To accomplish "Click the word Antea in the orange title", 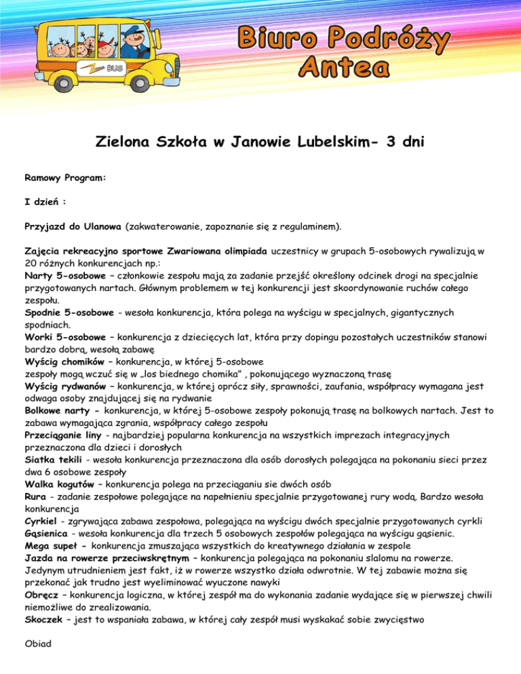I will click(x=345, y=66).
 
